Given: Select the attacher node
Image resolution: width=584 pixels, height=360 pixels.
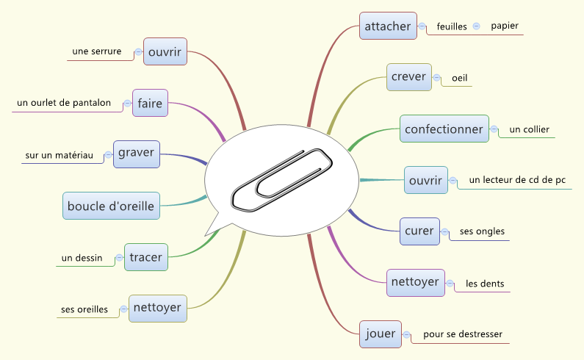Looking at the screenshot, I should (388, 26).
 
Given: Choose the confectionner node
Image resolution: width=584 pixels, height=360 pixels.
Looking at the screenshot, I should (444, 129).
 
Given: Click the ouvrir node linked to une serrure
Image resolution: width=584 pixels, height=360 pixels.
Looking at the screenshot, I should (165, 52).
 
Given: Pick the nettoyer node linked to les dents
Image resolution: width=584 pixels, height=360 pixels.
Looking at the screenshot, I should (415, 282).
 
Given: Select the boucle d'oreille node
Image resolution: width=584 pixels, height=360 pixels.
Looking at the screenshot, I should (111, 206).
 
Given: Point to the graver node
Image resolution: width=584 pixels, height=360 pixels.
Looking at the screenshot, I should (136, 154).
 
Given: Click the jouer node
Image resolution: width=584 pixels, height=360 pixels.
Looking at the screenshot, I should (381, 334).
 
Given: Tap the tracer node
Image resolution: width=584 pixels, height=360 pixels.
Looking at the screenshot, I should (145, 257).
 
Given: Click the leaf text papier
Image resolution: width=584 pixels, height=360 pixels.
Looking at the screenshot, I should (505, 26).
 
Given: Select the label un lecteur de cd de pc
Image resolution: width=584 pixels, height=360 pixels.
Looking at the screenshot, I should (516, 180).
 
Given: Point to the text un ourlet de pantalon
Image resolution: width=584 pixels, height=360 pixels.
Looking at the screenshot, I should (64, 103).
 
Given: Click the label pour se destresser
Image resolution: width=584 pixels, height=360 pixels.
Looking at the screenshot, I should (463, 335).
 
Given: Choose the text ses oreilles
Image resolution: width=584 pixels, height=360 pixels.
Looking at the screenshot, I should (83, 309).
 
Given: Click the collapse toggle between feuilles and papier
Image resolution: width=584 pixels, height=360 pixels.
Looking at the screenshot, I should (476, 26).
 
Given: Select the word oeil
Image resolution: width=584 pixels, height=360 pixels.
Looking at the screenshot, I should (460, 78).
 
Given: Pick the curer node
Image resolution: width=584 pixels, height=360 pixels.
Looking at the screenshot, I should (419, 231).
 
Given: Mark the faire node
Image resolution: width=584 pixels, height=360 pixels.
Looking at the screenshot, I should (150, 104).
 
